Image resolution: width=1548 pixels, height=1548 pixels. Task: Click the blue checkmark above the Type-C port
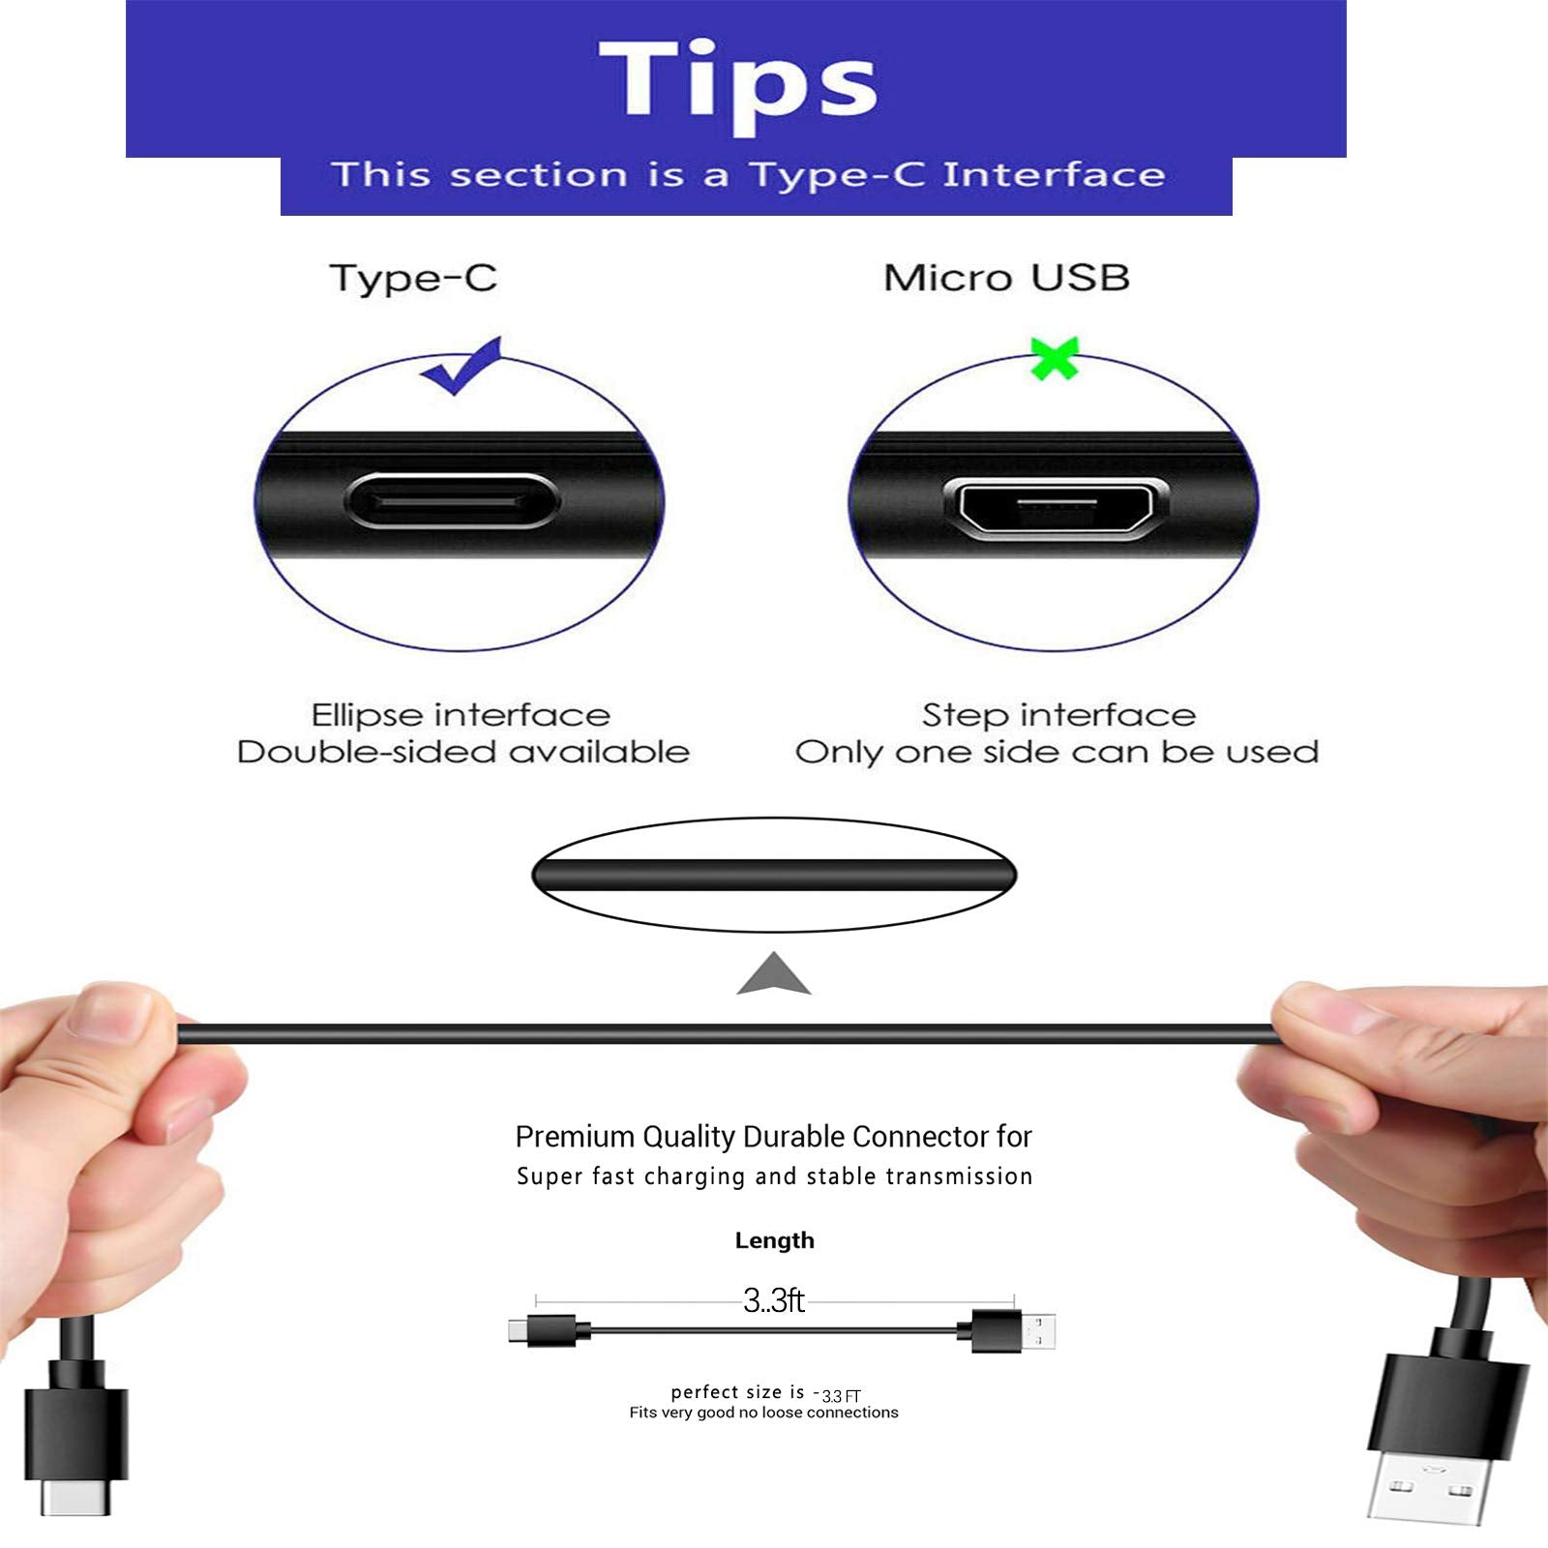point(462,366)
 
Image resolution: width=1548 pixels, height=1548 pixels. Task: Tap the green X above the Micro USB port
point(1054,358)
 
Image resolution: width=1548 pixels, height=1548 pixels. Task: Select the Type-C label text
point(413,279)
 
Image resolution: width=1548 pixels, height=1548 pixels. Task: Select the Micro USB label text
point(1006,279)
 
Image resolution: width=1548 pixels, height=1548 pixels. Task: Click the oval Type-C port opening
point(451,501)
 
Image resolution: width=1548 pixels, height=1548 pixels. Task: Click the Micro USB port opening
point(1056,506)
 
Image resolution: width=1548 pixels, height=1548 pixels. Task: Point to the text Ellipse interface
point(461,715)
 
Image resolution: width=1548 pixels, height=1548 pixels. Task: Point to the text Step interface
point(1058,715)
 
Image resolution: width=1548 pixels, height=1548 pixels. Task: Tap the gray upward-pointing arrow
point(773,975)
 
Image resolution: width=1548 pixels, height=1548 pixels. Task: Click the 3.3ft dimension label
point(773,1300)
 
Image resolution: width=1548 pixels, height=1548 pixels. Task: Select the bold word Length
point(774,1240)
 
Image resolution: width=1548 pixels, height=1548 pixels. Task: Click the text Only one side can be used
point(1057,753)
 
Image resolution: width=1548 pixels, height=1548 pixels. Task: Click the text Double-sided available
point(462,753)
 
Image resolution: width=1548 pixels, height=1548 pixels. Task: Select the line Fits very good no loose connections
point(763,1413)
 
